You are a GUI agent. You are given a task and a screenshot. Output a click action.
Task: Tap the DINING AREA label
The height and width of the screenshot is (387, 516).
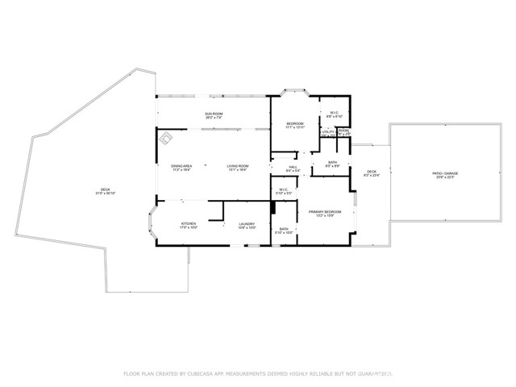click(x=181, y=167)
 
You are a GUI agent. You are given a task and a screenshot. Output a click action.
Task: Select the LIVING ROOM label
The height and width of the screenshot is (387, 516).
click(x=237, y=167)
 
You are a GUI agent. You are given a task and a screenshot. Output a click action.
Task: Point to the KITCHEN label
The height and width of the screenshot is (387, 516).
click(x=188, y=225)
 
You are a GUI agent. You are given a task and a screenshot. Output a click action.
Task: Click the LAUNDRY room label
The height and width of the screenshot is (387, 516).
click(x=247, y=225)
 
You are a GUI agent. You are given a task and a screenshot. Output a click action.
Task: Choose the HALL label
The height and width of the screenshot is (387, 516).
click(x=293, y=167)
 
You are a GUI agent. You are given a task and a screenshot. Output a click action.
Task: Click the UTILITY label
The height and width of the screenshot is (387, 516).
click(x=327, y=131)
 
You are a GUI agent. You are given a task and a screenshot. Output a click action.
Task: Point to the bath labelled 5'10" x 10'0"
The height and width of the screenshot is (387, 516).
click(x=283, y=231)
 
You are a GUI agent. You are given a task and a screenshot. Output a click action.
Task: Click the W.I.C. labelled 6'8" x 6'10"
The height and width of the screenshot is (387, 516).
click(x=334, y=114)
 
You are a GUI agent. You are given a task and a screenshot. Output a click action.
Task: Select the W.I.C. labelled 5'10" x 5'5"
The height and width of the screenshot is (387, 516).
click(x=283, y=192)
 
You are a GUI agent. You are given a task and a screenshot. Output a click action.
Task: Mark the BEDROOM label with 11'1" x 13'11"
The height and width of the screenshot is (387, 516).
click(x=294, y=125)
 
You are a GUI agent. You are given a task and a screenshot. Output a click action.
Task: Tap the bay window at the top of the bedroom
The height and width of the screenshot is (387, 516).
click(x=293, y=91)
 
